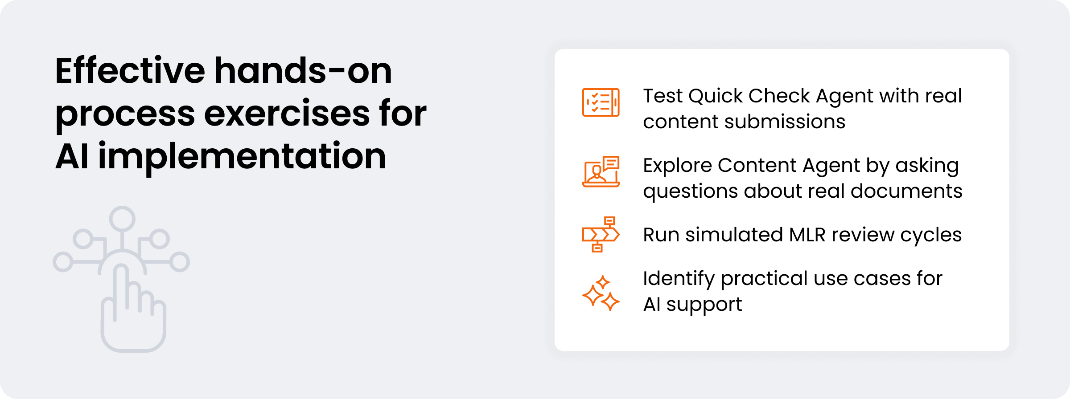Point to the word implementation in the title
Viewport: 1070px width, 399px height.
pos(242,157)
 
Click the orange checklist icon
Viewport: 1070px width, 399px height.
pos(601,102)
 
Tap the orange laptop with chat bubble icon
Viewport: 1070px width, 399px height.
pos(601,171)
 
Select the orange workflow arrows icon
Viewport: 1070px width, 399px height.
pos(601,234)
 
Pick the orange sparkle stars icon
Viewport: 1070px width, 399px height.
pos(601,293)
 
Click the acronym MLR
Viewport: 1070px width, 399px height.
pos(807,235)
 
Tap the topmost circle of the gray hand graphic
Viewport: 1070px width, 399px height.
pos(122,219)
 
